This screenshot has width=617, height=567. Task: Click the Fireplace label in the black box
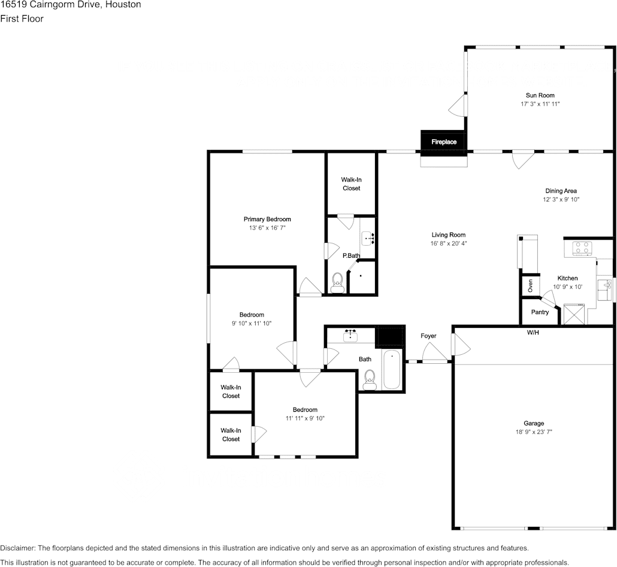coord(444,141)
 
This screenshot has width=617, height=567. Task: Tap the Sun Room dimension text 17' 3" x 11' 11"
coord(540,104)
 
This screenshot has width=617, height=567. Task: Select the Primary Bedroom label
coord(267,219)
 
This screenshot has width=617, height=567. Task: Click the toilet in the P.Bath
coord(337,283)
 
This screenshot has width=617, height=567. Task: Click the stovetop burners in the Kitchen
coord(582,248)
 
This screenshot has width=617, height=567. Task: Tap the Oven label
coord(530,286)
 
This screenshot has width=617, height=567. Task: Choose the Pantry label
coord(540,312)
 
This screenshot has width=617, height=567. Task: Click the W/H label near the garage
coord(533,332)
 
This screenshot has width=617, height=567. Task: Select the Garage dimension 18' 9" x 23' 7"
coord(534,432)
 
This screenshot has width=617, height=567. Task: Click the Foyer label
coord(428,336)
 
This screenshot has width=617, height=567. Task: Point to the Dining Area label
coord(561,191)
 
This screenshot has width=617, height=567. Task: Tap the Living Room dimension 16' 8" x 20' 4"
coord(449,244)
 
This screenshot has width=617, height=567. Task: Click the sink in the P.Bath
coord(368,238)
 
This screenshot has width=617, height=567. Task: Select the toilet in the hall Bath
coord(370,379)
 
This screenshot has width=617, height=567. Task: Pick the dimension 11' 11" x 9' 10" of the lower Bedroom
coord(305,418)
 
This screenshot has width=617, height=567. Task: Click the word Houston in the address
coord(123,5)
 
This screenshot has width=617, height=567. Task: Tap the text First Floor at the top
coord(22,19)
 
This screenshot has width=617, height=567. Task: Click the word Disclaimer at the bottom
coord(18,548)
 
